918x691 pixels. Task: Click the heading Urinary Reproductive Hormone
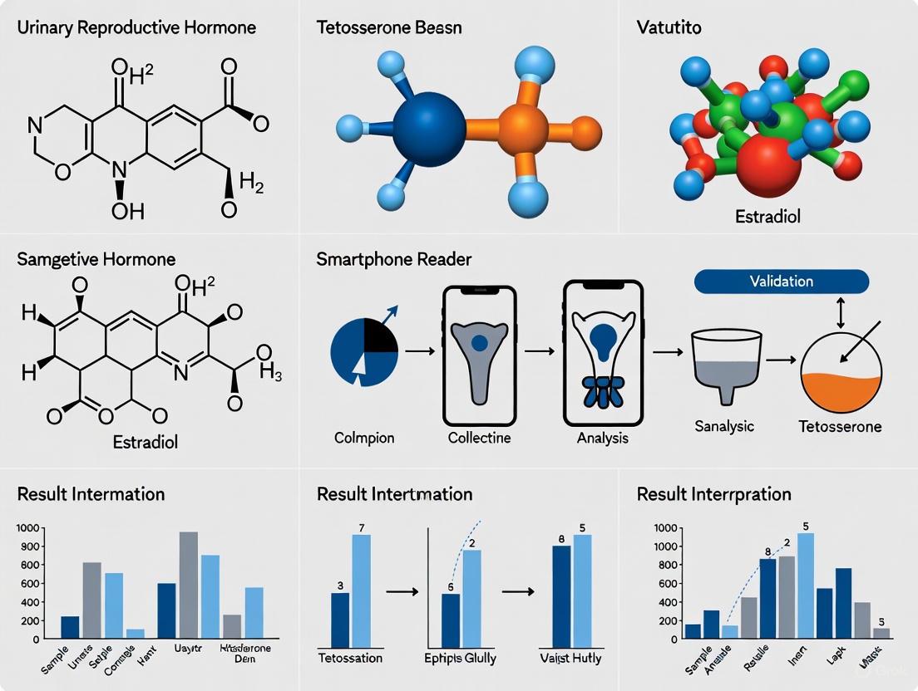[136, 27]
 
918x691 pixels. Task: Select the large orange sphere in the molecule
[524, 129]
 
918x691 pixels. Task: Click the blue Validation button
[781, 281]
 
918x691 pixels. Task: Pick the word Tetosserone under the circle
[840, 427]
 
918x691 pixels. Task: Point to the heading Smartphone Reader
[393, 259]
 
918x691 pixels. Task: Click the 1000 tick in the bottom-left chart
[27, 528]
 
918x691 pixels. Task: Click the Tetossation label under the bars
[351, 659]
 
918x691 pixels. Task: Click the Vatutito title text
[668, 27]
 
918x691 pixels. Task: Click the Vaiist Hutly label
[570, 659]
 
